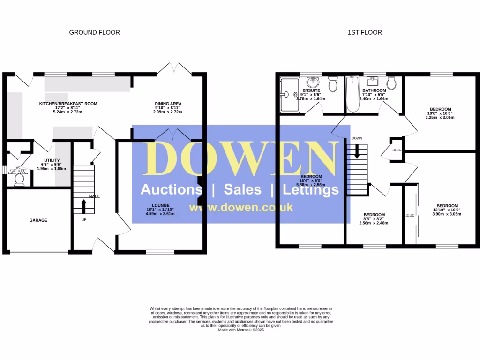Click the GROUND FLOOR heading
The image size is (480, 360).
tap(94, 32)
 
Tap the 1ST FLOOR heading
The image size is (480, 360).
tap(365, 32)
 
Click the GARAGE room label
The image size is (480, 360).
tap(38, 220)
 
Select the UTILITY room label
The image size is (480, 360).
tap(52, 160)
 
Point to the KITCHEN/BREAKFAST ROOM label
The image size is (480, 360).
tap(68, 104)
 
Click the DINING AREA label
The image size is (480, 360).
tap(168, 104)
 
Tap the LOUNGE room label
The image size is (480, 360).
tap(161, 204)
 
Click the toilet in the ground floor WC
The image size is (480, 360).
tap(19, 180)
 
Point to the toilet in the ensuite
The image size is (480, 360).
tap(333, 84)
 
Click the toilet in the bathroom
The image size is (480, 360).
tap(391, 82)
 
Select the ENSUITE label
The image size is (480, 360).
tap(311, 90)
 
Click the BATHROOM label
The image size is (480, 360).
tap(374, 90)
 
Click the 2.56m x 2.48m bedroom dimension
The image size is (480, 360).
tap(374, 223)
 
